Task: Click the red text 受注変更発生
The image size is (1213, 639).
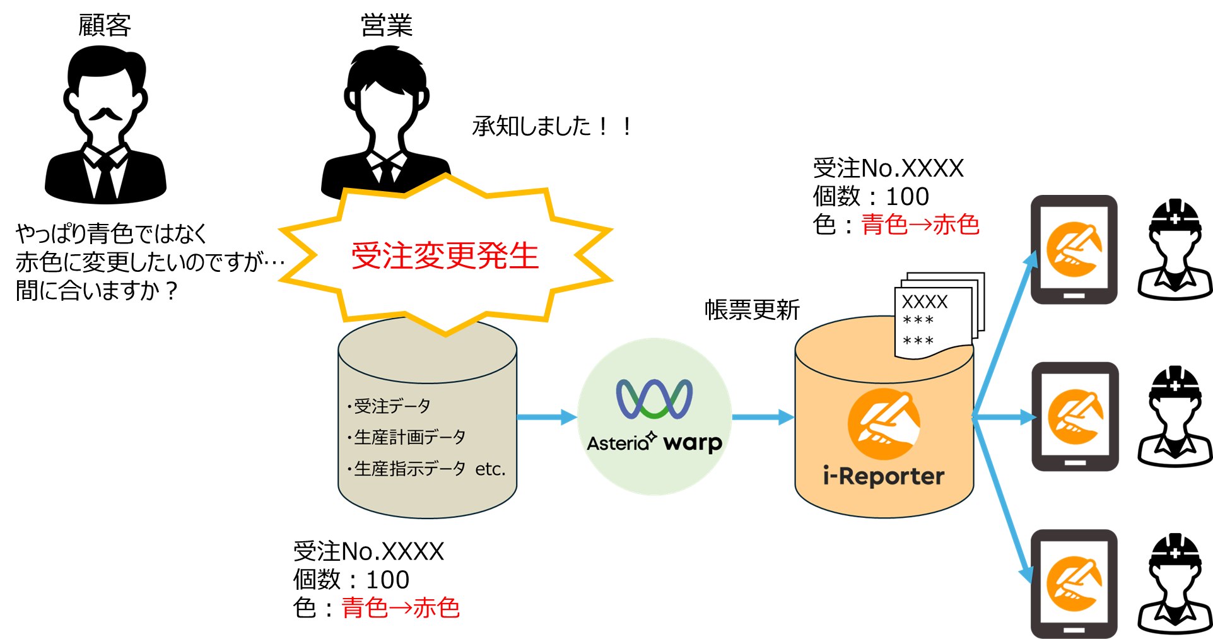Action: pyautogui.click(x=445, y=256)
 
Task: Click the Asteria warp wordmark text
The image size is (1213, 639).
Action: pyautogui.click(x=654, y=443)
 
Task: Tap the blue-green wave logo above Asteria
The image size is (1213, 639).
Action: pyautogui.click(x=654, y=399)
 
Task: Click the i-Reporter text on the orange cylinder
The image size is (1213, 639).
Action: pyautogui.click(x=883, y=476)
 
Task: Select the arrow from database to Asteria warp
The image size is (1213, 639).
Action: pyautogui.click(x=546, y=417)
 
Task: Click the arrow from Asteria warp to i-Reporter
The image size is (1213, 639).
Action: pyautogui.click(x=763, y=417)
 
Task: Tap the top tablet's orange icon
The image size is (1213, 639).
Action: pyautogui.click(x=1074, y=249)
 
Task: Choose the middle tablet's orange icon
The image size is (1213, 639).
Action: pyautogui.click(x=1075, y=417)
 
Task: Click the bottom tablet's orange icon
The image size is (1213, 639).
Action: pyautogui.click(x=1074, y=583)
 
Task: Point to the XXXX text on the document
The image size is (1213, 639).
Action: pyautogui.click(x=924, y=302)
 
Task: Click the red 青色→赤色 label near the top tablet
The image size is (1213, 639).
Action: pyautogui.click(x=920, y=225)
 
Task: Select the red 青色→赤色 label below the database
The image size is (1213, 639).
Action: pyautogui.click(x=401, y=607)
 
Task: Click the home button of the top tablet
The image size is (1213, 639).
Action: pyautogui.click(x=1074, y=295)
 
